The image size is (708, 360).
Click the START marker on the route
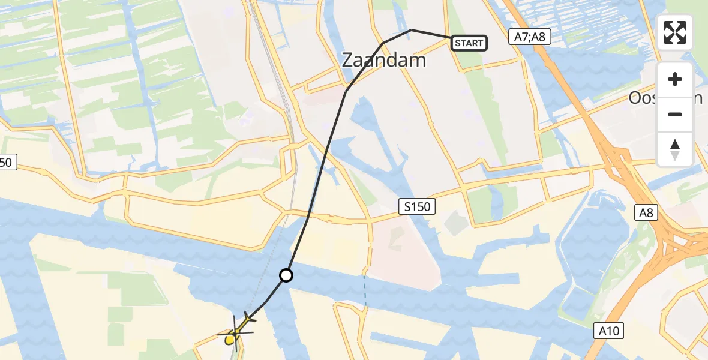pos(469,43)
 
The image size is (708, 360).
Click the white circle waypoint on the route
pos(287,275)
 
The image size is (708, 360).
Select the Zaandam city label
pos(383,60)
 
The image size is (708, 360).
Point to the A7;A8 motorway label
pos(529,37)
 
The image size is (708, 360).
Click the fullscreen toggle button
pos(675,32)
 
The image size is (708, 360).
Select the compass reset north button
pos(675,149)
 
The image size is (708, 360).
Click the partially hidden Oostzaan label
pos(665,98)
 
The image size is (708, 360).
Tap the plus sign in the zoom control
pos(675,79)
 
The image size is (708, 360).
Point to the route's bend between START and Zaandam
pos(411,30)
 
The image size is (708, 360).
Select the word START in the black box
pos(469,43)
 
